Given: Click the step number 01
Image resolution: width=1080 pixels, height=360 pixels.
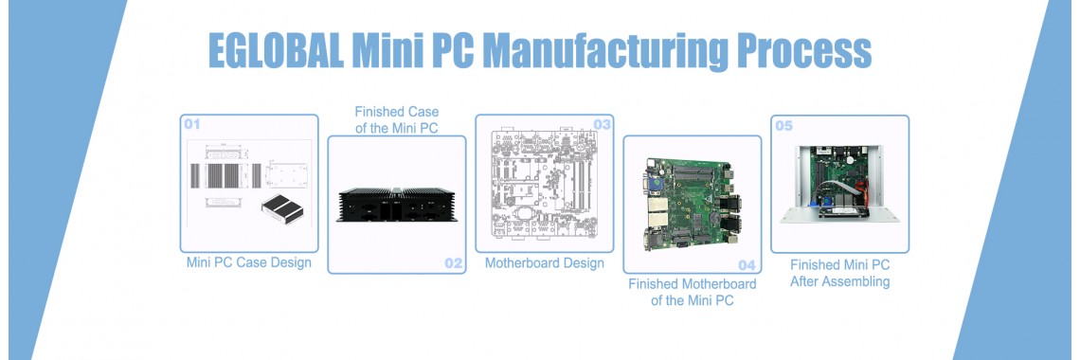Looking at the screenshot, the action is coord(193,124).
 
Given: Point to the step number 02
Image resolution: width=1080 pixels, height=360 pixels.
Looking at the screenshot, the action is coord(454,263).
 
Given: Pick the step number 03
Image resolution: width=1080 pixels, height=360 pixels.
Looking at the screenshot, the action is coord(602,124).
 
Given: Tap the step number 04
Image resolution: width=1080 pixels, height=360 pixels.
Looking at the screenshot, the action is coord(747,265).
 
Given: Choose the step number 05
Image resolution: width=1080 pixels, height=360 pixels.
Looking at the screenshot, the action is coord(784,124).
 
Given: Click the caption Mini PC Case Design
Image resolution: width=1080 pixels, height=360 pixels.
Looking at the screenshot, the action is coord(249,262).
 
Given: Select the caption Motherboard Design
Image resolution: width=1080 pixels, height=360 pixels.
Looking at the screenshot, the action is coord(544,262).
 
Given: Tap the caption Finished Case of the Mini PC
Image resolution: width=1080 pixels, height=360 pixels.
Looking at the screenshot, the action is coord(396,120).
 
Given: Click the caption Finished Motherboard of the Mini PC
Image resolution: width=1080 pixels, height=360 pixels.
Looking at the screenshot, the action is coord(692,293).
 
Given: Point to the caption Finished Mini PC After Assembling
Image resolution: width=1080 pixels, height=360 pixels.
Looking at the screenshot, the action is coord(839,274).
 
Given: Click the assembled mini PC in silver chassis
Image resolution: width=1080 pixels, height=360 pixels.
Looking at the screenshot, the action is coord(839,185).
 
